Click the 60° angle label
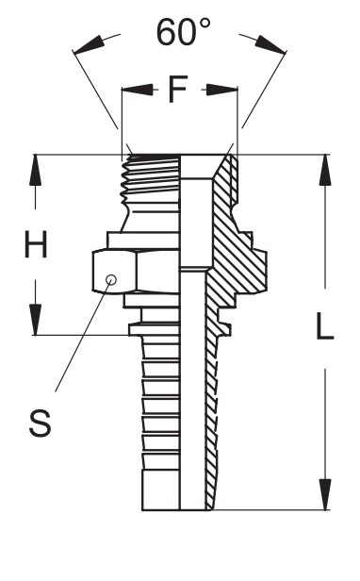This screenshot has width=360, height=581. pos(183,34)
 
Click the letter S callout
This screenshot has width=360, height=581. pos(40,423)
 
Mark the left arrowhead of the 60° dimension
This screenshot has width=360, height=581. pos(84,47)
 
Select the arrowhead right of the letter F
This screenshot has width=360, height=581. pos(223,91)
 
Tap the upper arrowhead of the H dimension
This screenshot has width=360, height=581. pos(37,170)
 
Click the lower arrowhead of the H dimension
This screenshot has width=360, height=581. pos(37,320)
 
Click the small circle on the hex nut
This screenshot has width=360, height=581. pos(112,279)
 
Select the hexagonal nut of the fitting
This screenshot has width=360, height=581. pos(132,271)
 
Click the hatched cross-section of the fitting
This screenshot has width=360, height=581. pos(227,245)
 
